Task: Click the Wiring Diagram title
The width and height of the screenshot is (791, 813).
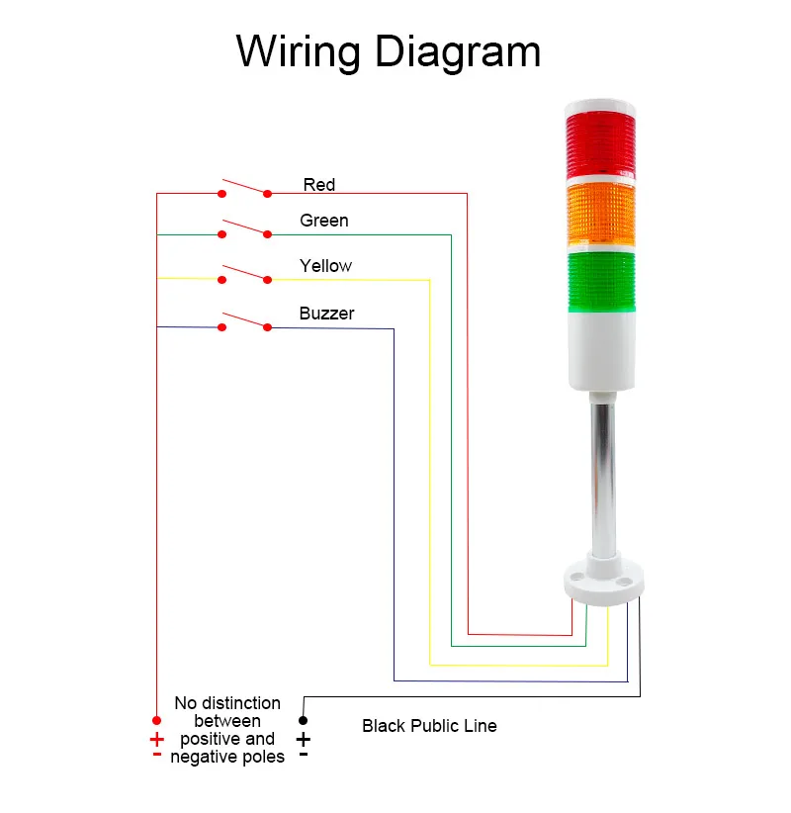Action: coord(389,51)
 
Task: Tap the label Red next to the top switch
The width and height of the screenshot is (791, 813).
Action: coord(318,185)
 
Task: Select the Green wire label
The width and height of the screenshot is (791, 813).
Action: coord(324,221)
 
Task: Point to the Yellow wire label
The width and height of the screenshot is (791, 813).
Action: coord(325,266)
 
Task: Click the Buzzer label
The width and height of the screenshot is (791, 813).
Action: coord(326,314)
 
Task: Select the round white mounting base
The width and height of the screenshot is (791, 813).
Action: coord(602,584)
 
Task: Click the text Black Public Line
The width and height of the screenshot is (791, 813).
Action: coord(429,726)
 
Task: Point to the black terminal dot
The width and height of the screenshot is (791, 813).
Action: coord(304,720)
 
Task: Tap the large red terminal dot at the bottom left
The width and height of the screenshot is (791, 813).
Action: coord(156,720)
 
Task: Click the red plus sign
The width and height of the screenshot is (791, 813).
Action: coord(156,740)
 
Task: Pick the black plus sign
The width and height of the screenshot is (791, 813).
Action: coord(304,740)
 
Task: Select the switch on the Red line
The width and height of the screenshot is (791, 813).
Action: coord(244,188)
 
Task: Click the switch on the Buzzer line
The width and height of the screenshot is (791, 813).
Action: coord(244,321)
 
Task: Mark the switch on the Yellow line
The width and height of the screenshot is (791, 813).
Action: coord(244,274)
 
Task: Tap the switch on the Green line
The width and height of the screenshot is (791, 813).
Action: coord(244,229)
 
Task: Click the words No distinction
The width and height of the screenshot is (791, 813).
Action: coord(227,703)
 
